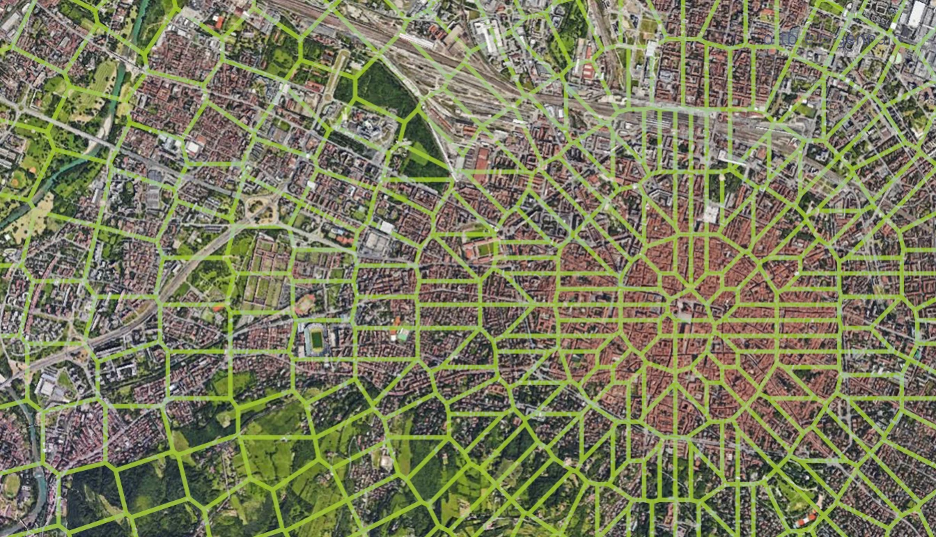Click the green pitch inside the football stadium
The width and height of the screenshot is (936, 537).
coord(318,340)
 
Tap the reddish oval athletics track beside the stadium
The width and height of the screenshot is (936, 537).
coord(305,304)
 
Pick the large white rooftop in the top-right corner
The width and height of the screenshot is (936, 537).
coord(916,14)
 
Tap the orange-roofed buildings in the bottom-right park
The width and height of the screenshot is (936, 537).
coord(808,518)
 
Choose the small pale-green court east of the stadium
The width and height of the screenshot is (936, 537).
coord(403,336)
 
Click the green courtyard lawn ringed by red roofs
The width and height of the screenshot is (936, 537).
coord(482,248)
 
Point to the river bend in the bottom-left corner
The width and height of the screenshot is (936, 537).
coord(35,481)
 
